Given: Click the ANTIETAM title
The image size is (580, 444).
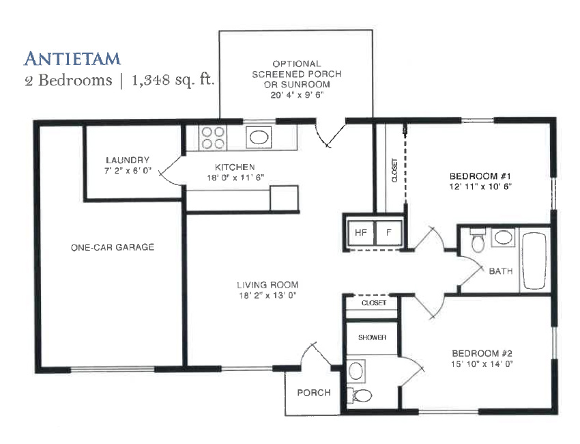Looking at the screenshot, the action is point(72,59).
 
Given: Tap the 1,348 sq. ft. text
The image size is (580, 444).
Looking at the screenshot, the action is point(173,80).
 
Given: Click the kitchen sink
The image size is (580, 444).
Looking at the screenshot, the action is point(259,137).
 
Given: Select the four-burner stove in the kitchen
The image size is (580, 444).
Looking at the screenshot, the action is point(213,138).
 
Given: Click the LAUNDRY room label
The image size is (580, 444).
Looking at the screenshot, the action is point(128,161).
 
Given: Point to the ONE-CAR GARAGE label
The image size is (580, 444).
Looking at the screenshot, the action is point(113,247).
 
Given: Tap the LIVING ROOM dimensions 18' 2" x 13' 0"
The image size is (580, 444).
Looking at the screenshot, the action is point(268,296).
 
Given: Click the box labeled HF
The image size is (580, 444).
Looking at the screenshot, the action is point(361,232).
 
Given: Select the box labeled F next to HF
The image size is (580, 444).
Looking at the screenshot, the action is point(389,232).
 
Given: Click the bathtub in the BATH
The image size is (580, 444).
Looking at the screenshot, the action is point(534,261).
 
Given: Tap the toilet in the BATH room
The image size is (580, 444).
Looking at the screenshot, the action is point(478,240).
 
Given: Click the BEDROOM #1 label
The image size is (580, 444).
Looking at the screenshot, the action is point(480,176).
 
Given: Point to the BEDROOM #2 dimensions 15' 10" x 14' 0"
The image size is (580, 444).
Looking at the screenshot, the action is point(482,364).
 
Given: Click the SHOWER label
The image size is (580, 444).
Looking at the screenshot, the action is point(372,337).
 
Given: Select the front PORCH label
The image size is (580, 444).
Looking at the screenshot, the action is point(314,393).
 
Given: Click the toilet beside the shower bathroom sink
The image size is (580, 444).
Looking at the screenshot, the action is point(360,396).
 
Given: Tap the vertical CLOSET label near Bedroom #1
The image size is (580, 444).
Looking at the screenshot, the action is point(394,170).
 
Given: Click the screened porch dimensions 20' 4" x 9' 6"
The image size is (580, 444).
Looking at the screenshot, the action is point(297,95).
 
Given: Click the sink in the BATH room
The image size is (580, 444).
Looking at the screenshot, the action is point(504,237).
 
